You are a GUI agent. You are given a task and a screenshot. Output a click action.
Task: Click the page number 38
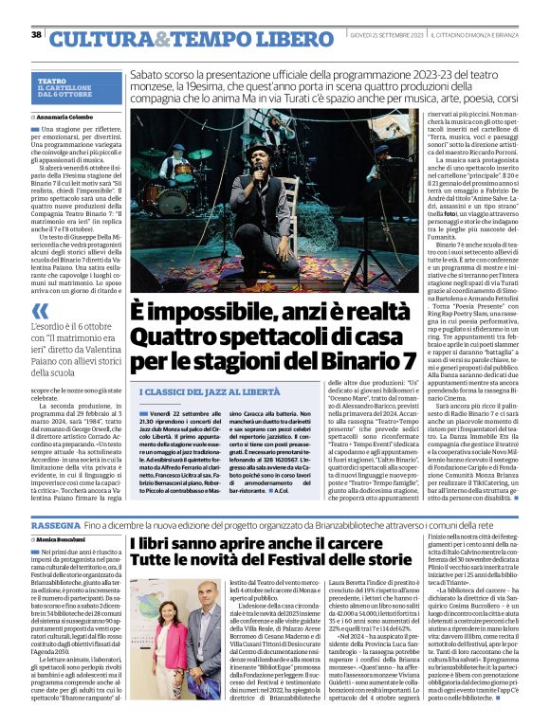pos(36,35)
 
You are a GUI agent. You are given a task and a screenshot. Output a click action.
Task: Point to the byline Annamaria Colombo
pos(71,117)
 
